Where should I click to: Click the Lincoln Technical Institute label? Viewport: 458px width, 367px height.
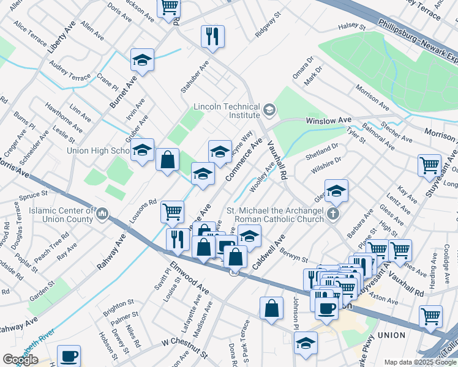point(227,111)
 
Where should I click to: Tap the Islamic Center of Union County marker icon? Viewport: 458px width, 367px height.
point(102,215)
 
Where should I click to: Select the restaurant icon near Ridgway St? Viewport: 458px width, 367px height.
point(212,35)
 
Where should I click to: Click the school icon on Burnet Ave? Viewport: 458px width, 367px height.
point(142,60)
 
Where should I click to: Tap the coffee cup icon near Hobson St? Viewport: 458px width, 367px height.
point(69,355)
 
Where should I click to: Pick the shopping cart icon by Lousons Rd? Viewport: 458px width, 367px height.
point(172,212)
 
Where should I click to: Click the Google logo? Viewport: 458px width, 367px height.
point(21,359)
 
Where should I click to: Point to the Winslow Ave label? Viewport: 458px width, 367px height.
point(329,120)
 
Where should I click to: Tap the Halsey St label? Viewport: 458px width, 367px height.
point(351,28)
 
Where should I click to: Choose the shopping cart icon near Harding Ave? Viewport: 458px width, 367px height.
point(430,316)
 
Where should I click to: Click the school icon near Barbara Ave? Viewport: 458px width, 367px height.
point(336,191)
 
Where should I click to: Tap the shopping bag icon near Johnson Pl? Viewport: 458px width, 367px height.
point(271,308)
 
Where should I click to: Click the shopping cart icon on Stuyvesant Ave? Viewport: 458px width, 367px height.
point(429,165)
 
